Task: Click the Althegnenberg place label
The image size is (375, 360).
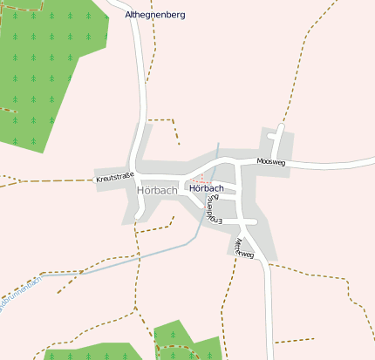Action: point(155,15)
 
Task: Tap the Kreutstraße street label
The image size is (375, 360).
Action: point(114,180)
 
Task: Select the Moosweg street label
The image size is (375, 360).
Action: point(271,162)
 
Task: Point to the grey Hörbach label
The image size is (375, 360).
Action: point(157,190)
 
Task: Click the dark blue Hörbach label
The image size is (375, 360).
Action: point(207,188)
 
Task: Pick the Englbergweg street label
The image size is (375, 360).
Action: point(211,207)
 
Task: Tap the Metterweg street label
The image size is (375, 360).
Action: point(244,248)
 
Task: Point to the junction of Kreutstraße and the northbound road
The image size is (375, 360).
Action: point(133,170)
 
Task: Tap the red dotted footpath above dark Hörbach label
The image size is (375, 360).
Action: point(201,181)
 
